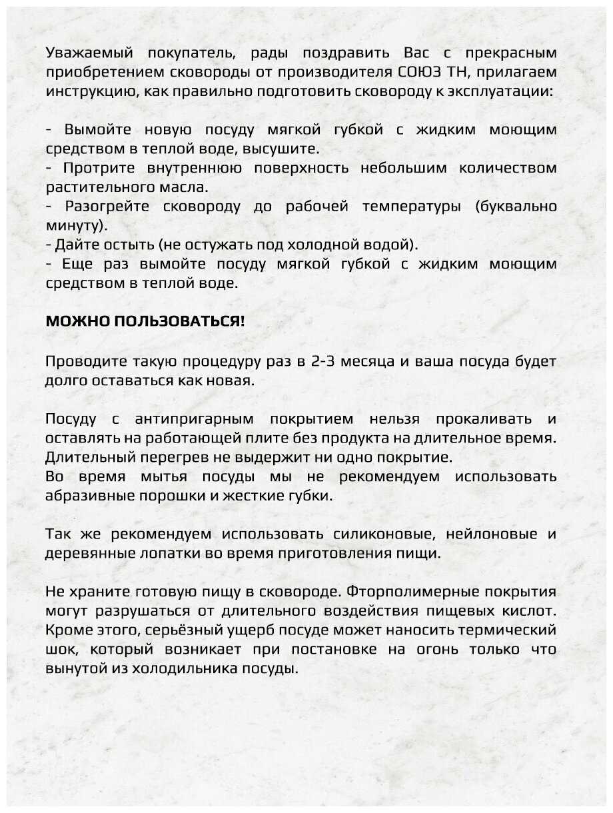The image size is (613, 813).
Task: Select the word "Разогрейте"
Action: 108,206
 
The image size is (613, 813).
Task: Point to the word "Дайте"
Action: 77,245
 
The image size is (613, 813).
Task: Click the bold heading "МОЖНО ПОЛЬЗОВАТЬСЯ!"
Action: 145,321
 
